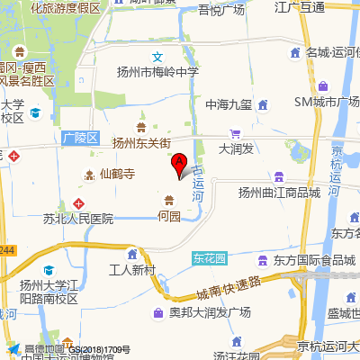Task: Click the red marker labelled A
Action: click(x=179, y=164)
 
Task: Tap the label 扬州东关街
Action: click(x=141, y=142)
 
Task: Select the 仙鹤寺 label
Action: click(x=117, y=174)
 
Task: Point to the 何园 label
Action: click(x=169, y=216)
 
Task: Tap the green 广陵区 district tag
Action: click(x=79, y=139)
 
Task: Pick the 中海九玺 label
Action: click(x=228, y=103)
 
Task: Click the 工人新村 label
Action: click(x=132, y=270)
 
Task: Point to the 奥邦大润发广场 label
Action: click(x=210, y=313)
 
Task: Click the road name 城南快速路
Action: click(x=228, y=290)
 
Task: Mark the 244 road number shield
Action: click(x=7, y=249)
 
